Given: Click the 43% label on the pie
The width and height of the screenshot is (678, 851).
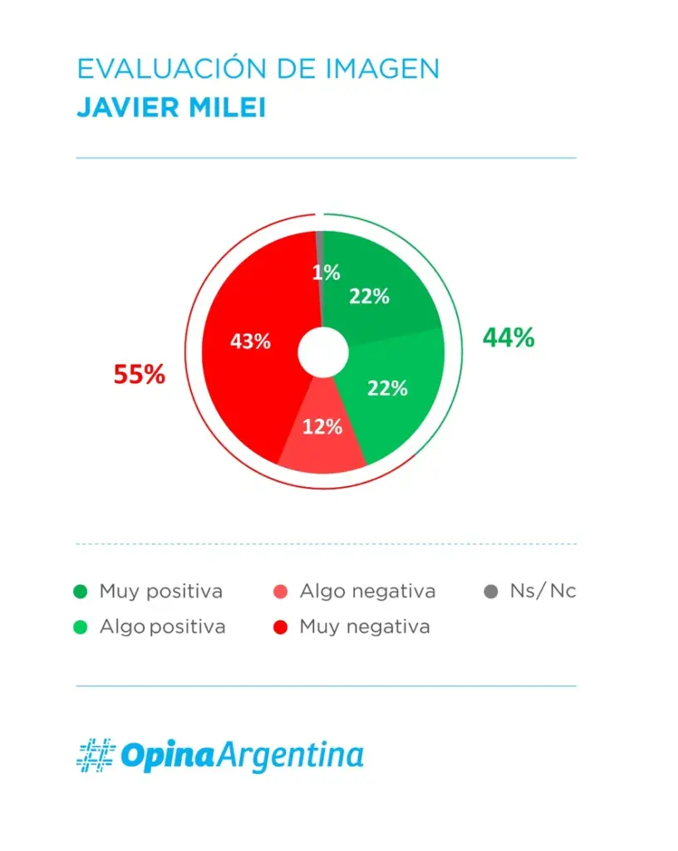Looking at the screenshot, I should pos(251,341).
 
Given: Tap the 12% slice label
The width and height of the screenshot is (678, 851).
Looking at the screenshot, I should pos(322,427).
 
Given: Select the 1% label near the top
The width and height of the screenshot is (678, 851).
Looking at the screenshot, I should pos(327,273).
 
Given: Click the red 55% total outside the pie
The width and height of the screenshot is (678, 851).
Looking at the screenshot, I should pos(140,375).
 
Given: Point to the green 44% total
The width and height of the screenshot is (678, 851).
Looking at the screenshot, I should pos(508,337).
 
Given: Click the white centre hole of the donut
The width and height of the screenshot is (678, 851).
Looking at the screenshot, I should pos(322,352).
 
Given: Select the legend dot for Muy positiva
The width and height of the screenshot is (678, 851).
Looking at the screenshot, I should pos(81,593).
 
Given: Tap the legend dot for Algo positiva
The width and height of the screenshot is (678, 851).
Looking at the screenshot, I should pos(81,627).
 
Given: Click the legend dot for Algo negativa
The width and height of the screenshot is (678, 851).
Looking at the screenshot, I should pos(281,593).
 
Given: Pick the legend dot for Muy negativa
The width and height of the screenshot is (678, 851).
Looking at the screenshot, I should pos(281,627).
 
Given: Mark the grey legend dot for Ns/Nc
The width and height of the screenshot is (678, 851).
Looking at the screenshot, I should pos(491,593).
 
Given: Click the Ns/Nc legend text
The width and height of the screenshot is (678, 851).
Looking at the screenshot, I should pos(543,592).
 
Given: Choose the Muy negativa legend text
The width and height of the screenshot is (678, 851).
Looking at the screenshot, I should pos(365,627).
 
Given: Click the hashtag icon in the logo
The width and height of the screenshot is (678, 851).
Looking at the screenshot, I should pos(95,755).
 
